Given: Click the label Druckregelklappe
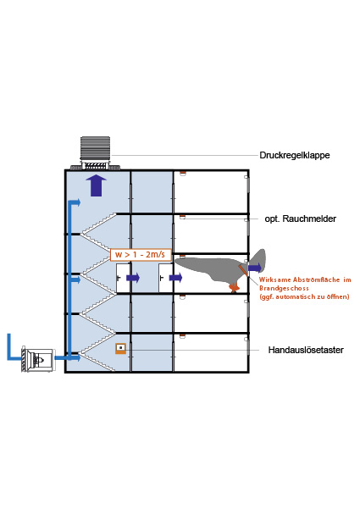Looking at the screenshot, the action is (x=295, y=155).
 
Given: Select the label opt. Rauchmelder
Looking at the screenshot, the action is (x=300, y=219).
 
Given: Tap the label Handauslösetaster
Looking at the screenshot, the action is (x=306, y=350).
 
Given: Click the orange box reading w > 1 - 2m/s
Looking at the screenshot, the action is (x=141, y=254).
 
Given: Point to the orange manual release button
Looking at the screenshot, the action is (x=121, y=348).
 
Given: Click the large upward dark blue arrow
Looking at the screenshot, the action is (x=97, y=185).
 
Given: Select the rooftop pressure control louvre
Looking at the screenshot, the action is (x=95, y=153).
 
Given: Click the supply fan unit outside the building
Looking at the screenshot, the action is (x=38, y=360).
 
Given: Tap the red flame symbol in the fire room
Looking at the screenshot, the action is (x=234, y=287).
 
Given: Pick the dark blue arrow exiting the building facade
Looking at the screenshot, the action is (x=255, y=268).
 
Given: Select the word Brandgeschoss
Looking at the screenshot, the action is (x=284, y=288).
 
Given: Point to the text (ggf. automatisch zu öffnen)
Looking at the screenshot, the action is (x=304, y=296).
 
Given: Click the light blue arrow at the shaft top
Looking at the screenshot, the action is (x=75, y=202).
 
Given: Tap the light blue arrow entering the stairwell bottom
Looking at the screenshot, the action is (x=68, y=357).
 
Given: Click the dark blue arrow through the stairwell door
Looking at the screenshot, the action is (x=133, y=278).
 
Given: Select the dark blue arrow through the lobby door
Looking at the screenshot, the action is (x=175, y=278).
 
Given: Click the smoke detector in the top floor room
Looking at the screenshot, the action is (x=182, y=173).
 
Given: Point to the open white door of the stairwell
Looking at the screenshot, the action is (x=123, y=278).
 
